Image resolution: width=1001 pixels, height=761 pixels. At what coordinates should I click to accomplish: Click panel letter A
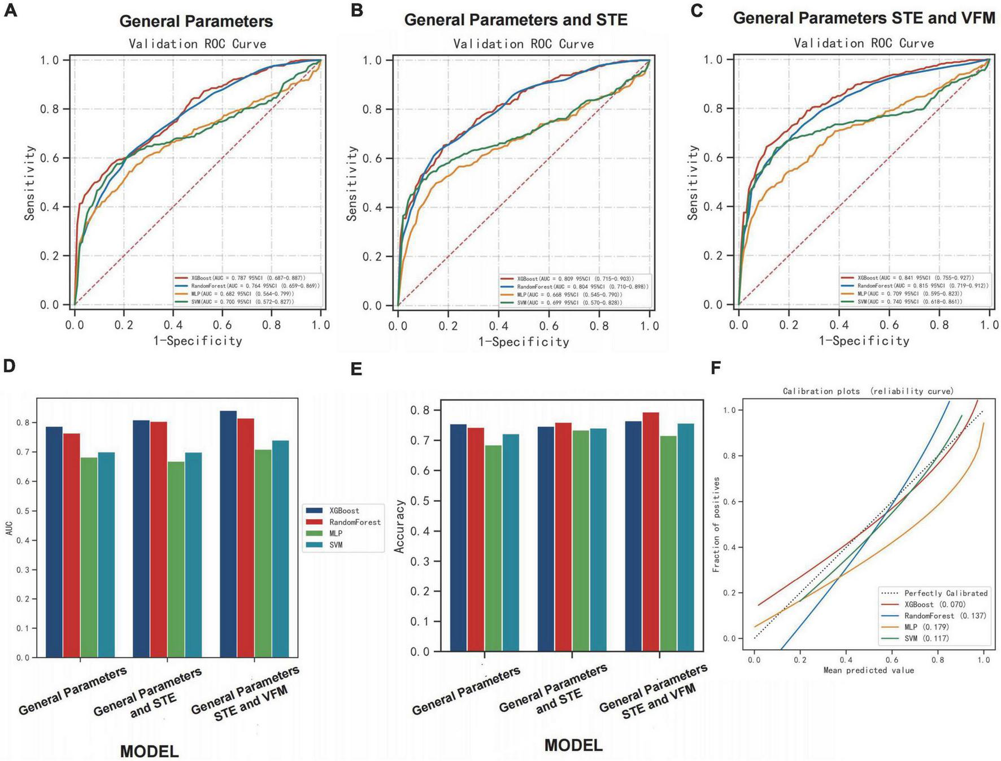(10, 11)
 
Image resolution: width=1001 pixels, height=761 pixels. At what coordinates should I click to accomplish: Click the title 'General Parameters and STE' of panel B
(516, 20)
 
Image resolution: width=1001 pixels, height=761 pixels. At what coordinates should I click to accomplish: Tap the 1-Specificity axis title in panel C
(864, 341)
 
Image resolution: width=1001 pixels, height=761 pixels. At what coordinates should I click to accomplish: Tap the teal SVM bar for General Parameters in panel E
(511, 542)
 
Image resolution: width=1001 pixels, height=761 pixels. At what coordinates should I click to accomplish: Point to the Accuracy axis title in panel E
(400, 526)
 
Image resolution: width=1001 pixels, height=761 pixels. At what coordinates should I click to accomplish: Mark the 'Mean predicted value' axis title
(868, 671)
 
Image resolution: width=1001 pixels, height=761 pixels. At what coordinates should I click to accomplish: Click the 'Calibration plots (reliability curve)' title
(868, 391)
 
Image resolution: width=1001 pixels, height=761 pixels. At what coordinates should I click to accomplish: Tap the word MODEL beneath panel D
(149, 751)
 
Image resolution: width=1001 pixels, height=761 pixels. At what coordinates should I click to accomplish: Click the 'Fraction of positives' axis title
(716, 524)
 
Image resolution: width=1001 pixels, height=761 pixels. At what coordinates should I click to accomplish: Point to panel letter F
(716, 368)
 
